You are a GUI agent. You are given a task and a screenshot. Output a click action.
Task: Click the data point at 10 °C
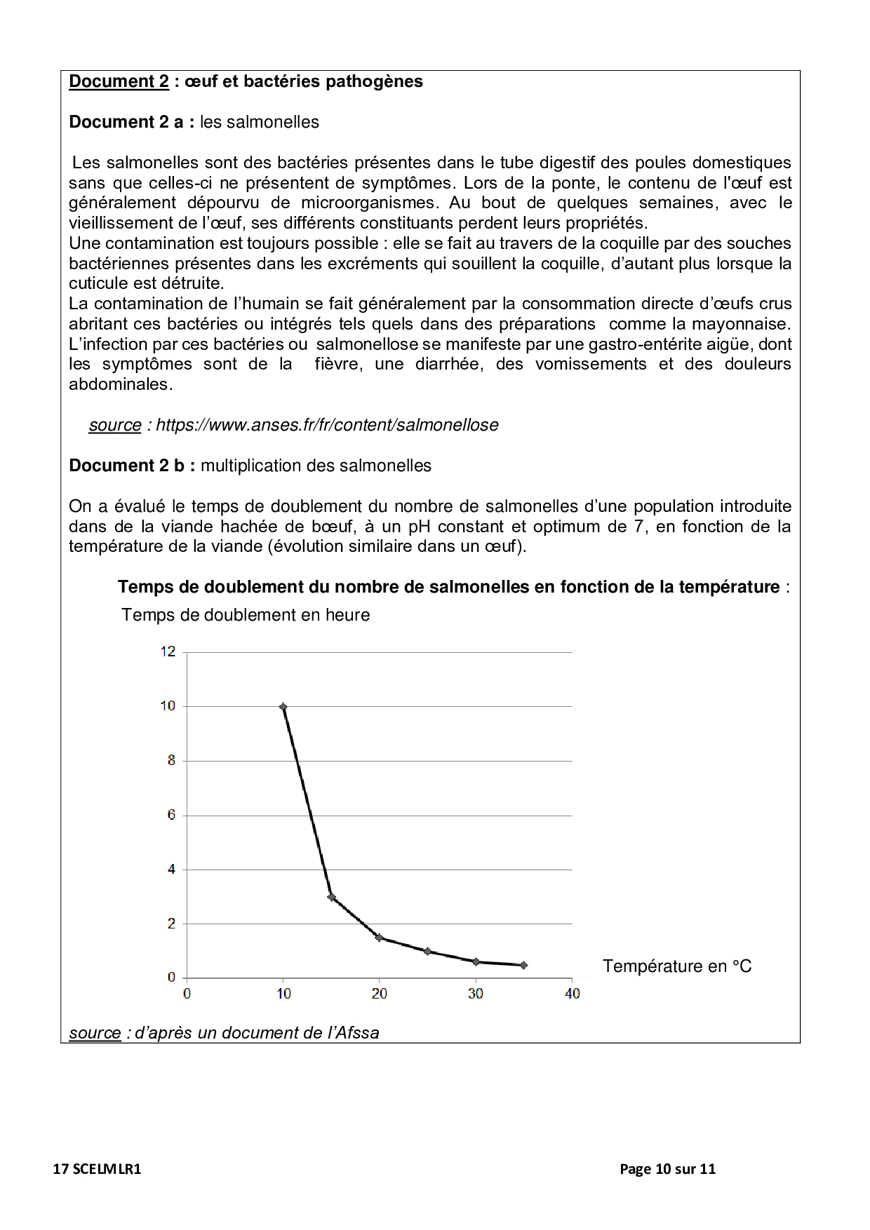[283, 707]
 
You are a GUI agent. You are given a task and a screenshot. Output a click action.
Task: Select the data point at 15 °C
[331, 897]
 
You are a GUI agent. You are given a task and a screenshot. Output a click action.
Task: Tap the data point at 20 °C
[379, 938]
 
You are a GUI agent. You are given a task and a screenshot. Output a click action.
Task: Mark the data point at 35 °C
[524, 965]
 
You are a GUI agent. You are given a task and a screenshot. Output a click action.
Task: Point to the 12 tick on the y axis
[168, 651]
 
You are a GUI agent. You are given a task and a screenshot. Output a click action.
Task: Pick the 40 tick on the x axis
[572, 993]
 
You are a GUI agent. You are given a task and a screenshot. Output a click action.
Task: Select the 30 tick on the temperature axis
[476, 993]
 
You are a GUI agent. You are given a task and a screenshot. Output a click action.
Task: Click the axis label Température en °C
[676, 966]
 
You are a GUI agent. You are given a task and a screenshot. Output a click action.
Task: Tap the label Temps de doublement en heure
[246, 615]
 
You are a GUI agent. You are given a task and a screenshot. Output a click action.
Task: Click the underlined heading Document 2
[119, 81]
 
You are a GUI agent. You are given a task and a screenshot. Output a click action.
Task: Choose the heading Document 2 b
[132, 466]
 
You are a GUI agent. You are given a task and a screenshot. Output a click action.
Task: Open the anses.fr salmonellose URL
[327, 425]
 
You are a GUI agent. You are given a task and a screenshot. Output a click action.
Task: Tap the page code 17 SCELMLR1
[97, 1169]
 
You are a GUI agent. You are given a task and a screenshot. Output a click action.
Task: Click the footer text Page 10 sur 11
[667, 1169]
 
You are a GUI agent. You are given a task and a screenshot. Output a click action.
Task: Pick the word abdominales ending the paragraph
[120, 384]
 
